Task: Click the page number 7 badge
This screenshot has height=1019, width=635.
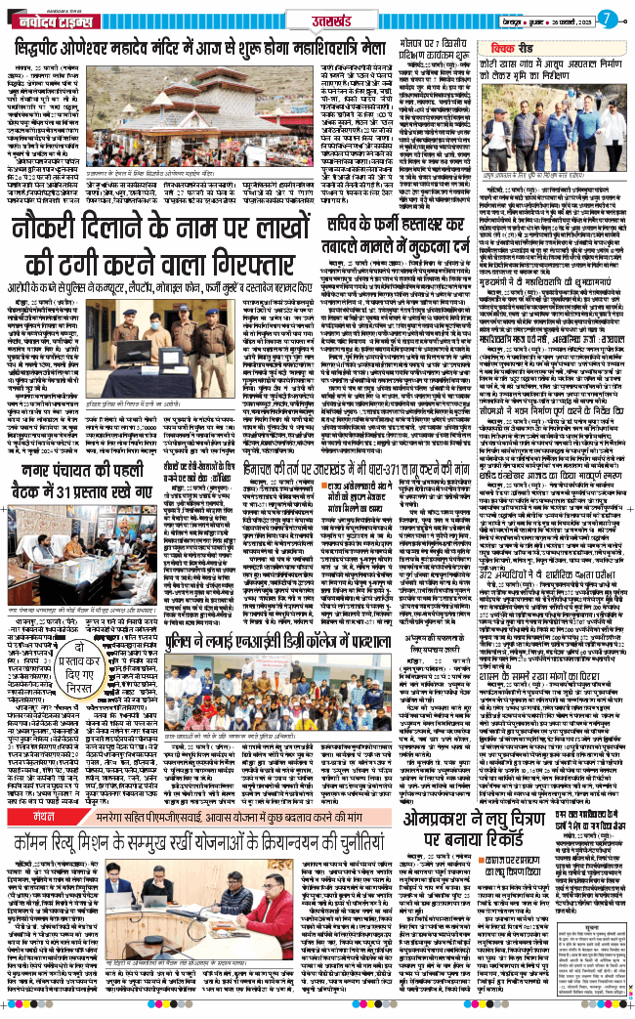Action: (x=606, y=17)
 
